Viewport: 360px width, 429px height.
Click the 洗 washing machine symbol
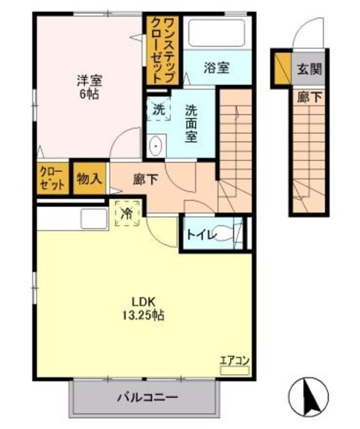[158, 108]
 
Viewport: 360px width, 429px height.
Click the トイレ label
[200, 235]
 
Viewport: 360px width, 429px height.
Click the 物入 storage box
[89, 180]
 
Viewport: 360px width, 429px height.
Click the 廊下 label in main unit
[147, 179]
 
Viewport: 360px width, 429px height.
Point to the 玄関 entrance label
[309, 68]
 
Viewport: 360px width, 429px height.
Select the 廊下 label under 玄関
[309, 97]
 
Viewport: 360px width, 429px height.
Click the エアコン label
[235, 361]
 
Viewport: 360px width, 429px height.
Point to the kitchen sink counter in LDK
[92, 218]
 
